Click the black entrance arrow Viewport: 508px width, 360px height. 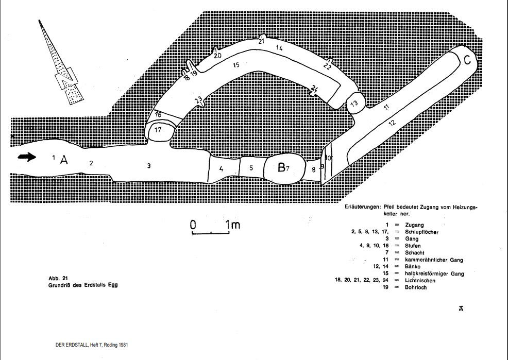27,157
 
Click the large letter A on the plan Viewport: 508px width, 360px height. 64,160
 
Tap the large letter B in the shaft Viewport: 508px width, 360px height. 281,167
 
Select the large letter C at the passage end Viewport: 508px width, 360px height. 467,60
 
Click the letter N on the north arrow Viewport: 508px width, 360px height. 66,79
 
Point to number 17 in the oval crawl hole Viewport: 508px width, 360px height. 158,130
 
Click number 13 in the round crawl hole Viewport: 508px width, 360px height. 354,104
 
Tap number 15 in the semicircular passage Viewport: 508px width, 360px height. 236,65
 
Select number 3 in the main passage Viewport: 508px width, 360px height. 149,166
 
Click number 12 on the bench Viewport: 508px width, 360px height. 392,123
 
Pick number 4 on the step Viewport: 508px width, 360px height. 221,168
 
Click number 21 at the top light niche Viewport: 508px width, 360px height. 261,41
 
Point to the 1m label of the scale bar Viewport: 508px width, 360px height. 233,225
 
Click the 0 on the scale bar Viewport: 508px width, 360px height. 193,225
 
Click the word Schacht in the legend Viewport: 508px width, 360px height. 414,252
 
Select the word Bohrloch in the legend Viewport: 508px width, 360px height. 416,287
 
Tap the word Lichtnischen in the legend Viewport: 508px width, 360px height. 420,280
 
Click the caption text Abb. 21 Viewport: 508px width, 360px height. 58,279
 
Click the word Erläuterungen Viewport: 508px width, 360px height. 362,207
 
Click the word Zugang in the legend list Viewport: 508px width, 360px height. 414,225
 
